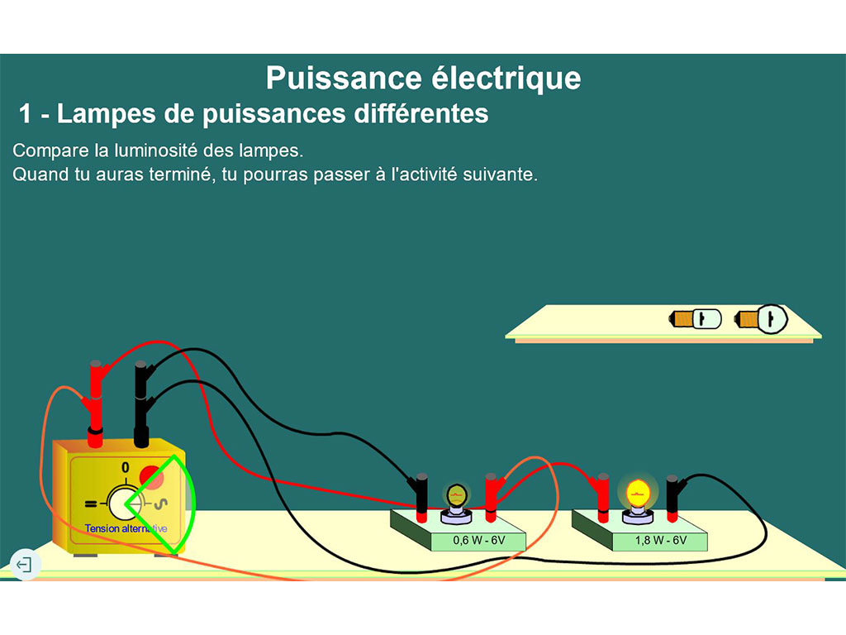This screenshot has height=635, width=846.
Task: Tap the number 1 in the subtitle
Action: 26,114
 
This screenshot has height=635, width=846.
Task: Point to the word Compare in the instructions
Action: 49,151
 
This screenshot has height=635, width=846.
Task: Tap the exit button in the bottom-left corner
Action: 25,566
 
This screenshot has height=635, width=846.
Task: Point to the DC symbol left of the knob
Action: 90,503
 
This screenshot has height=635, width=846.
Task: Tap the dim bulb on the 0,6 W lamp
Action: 456,496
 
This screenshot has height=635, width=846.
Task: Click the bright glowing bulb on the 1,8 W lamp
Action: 637,494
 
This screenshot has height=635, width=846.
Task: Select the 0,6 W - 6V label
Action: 478,541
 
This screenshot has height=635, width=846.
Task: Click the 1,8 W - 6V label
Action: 660,541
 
